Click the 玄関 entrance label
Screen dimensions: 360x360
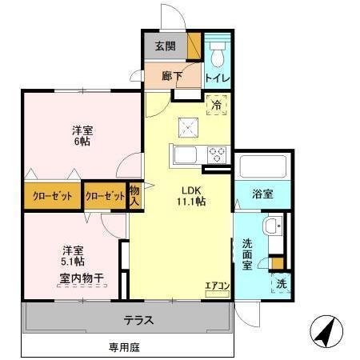point(165,46)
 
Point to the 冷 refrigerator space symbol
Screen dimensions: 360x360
point(216,103)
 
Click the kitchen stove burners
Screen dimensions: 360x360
point(217,154)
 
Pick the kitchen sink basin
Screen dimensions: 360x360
point(185,154)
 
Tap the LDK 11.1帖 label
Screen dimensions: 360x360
point(192,196)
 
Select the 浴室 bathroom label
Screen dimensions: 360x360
point(262,194)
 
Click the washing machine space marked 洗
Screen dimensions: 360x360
point(282,284)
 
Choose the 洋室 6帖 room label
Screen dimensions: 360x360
point(78,135)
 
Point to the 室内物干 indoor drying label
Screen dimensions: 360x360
point(82,278)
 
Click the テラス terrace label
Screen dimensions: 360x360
point(138,321)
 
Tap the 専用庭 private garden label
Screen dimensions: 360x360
point(125,347)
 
